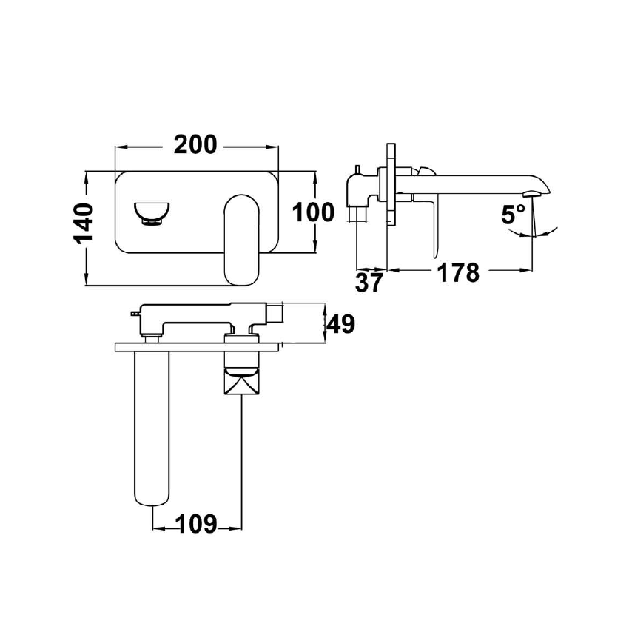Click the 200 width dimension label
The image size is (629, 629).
pyautogui.click(x=195, y=145)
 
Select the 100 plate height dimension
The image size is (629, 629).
pyautogui.click(x=313, y=212)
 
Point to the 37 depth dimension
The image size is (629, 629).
pyautogui.click(x=369, y=283)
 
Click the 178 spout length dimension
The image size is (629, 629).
pyautogui.click(x=458, y=273)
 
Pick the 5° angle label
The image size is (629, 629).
pyautogui.click(x=513, y=214)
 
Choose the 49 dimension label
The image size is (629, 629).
pyautogui.click(x=341, y=323)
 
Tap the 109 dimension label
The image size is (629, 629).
pyautogui.click(x=197, y=524)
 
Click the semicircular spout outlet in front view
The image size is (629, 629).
pyautogui.click(x=151, y=214)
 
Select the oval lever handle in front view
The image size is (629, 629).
pyautogui.click(x=242, y=240)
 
